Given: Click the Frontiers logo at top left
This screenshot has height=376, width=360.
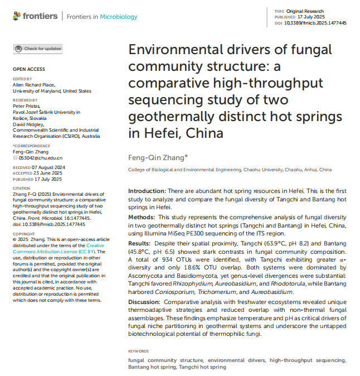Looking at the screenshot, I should [35, 17].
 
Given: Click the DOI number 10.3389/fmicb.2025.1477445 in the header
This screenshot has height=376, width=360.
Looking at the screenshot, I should [316, 23].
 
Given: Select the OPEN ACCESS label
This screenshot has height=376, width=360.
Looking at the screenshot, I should [28, 69].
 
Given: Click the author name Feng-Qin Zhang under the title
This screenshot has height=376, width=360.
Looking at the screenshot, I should [158, 157].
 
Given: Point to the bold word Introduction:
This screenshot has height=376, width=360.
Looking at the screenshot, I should [147, 191].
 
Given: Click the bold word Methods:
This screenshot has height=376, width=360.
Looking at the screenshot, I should [143, 216].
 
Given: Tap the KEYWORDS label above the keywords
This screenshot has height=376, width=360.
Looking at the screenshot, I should [138, 351].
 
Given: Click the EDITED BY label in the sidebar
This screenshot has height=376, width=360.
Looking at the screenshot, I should [22, 79].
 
